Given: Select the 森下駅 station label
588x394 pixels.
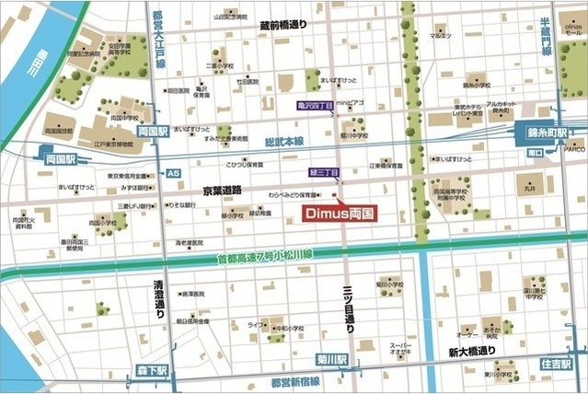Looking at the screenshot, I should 152,370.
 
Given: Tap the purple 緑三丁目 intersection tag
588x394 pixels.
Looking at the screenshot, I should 323,172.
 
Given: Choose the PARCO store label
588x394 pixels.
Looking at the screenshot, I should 574,146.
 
